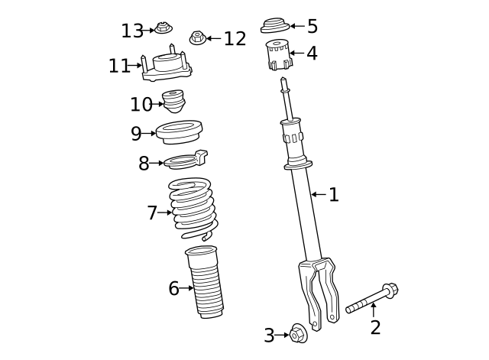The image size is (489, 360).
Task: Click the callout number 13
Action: point(132,31)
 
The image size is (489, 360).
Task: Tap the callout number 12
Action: point(235,38)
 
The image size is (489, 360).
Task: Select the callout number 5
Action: point(312,27)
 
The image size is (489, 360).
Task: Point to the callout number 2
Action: point(375,328)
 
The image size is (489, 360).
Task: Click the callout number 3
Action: point(269,335)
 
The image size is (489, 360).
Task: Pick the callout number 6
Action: point(173,288)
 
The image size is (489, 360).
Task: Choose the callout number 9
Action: point(136,134)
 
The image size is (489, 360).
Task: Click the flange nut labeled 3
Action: point(299,334)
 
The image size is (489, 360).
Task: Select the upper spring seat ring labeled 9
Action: point(179,131)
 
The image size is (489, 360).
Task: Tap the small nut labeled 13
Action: point(163,29)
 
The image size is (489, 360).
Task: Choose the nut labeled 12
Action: point(197,37)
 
